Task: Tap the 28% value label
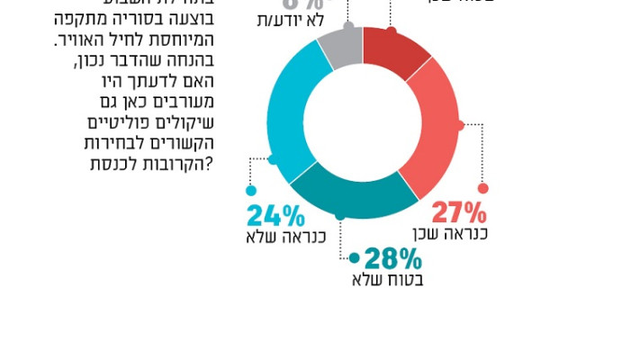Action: [x=394, y=259]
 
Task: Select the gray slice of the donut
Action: [x=341, y=47]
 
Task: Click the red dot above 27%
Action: [x=482, y=188]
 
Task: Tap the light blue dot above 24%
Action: [x=250, y=190]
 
